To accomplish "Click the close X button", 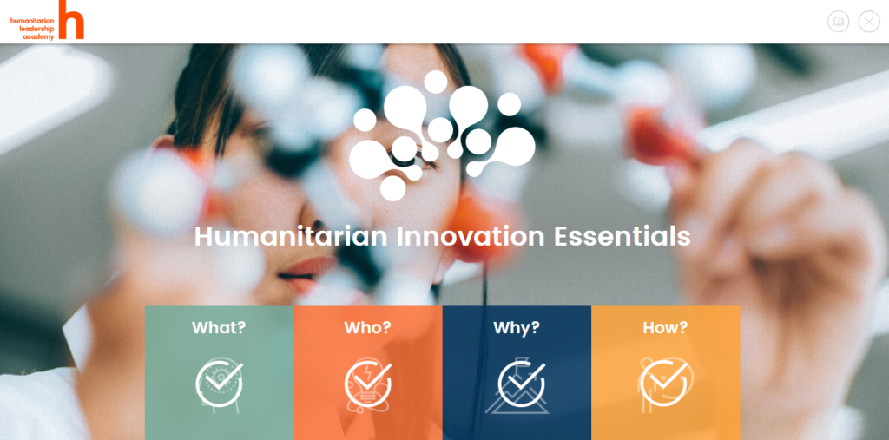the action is coord(868,22).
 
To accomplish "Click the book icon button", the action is coord(838,22).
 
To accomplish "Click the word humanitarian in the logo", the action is coord(32,21).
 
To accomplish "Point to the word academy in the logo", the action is coord(38,36).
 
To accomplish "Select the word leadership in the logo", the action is coord(36,29).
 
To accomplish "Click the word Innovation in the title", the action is coord(470,236).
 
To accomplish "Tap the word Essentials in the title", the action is coord(622,236).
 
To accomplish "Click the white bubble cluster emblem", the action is coord(442,135).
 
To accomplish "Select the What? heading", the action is coord(219,328).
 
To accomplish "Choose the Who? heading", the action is coord(367,328).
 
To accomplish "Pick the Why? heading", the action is coord(517,328).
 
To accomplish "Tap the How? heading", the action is coord(665,328).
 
